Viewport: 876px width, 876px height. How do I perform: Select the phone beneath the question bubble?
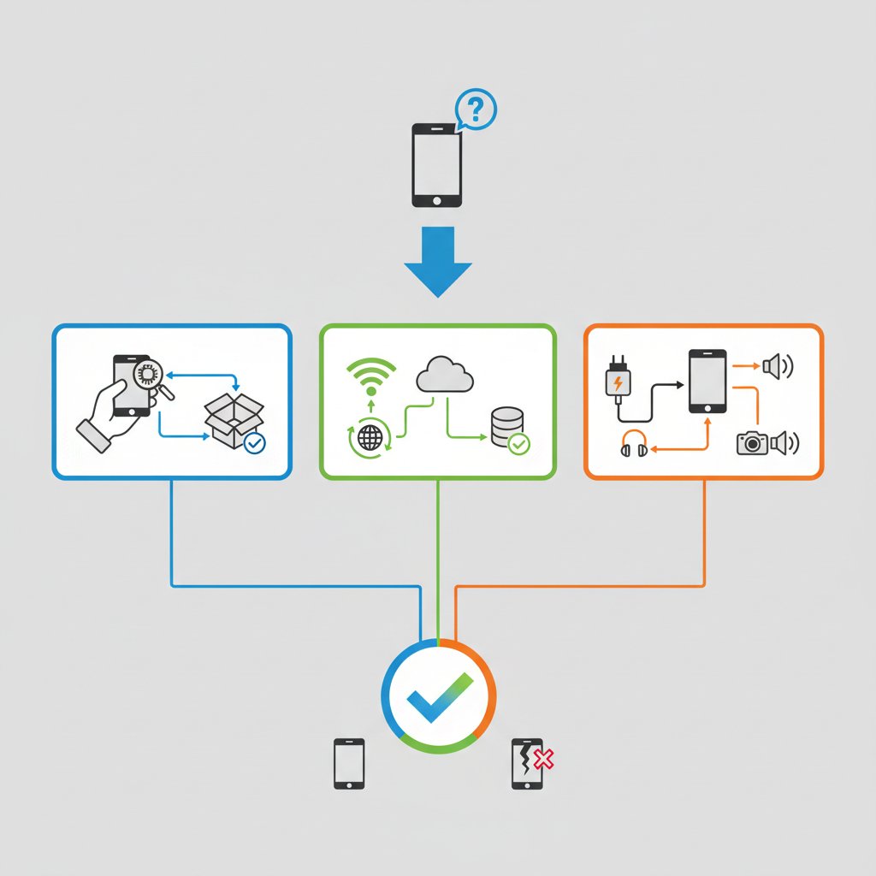(x=436, y=165)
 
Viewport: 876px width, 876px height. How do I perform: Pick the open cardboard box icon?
(x=233, y=421)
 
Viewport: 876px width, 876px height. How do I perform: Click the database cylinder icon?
(x=505, y=426)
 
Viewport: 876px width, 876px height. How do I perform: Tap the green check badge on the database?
(x=518, y=443)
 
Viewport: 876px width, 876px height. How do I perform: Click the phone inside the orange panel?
(x=707, y=381)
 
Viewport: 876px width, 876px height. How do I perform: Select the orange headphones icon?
(x=634, y=443)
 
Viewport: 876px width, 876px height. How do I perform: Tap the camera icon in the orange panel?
(x=752, y=442)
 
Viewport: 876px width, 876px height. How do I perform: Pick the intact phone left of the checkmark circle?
(x=349, y=763)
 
